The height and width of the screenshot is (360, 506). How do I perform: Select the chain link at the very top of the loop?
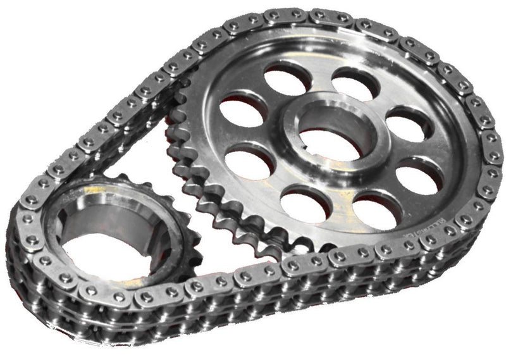[x=297, y=15]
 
